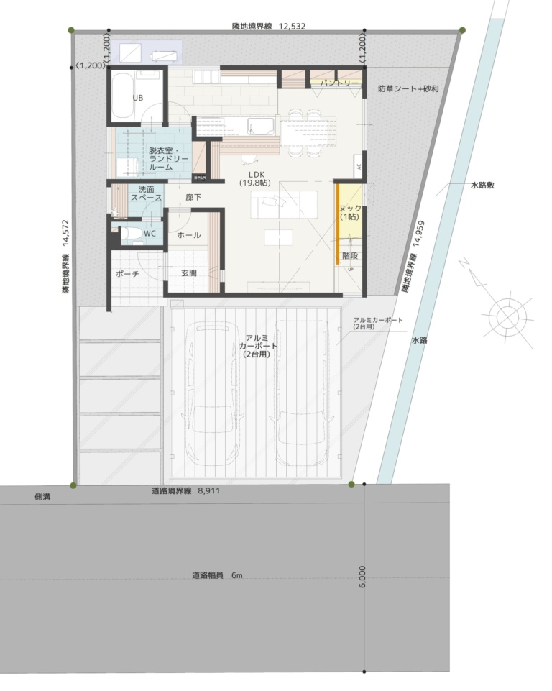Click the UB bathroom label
[x=138, y=97]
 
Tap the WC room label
[x=149, y=234]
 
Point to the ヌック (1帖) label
[x=350, y=211]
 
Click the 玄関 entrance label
[x=189, y=273]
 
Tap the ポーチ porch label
[x=126, y=274]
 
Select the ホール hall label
[x=188, y=235]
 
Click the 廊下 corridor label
[x=193, y=196]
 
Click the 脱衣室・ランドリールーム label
[x=168, y=158]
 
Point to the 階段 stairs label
[x=350, y=255]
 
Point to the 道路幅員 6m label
[x=217, y=575]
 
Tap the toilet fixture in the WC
[x=129, y=233]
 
